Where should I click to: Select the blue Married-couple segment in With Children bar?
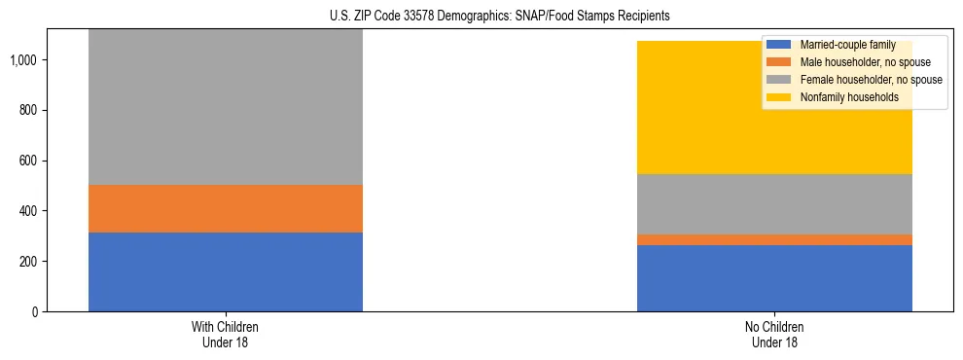pyautogui.click(x=226, y=271)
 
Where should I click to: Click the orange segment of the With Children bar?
pyautogui.click(x=226, y=208)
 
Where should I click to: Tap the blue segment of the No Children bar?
pyautogui.click(x=774, y=278)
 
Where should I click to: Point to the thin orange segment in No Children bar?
pyautogui.click(x=774, y=239)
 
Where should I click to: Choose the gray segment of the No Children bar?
pyautogui.click(x=774, y=203)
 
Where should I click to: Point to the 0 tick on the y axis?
pyautogui.click(x=34, y=312)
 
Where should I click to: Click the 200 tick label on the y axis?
pyautogui.click(x=28, y=262)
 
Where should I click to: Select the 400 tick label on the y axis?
pyautogui.click(x=28, y=211)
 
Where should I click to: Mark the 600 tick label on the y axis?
pyautogui.click(x=28, y=161)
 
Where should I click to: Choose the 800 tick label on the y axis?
pyautogui.click(x=28, y=110)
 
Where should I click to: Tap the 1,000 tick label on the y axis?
pyautogui.click(x=23, y=60)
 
